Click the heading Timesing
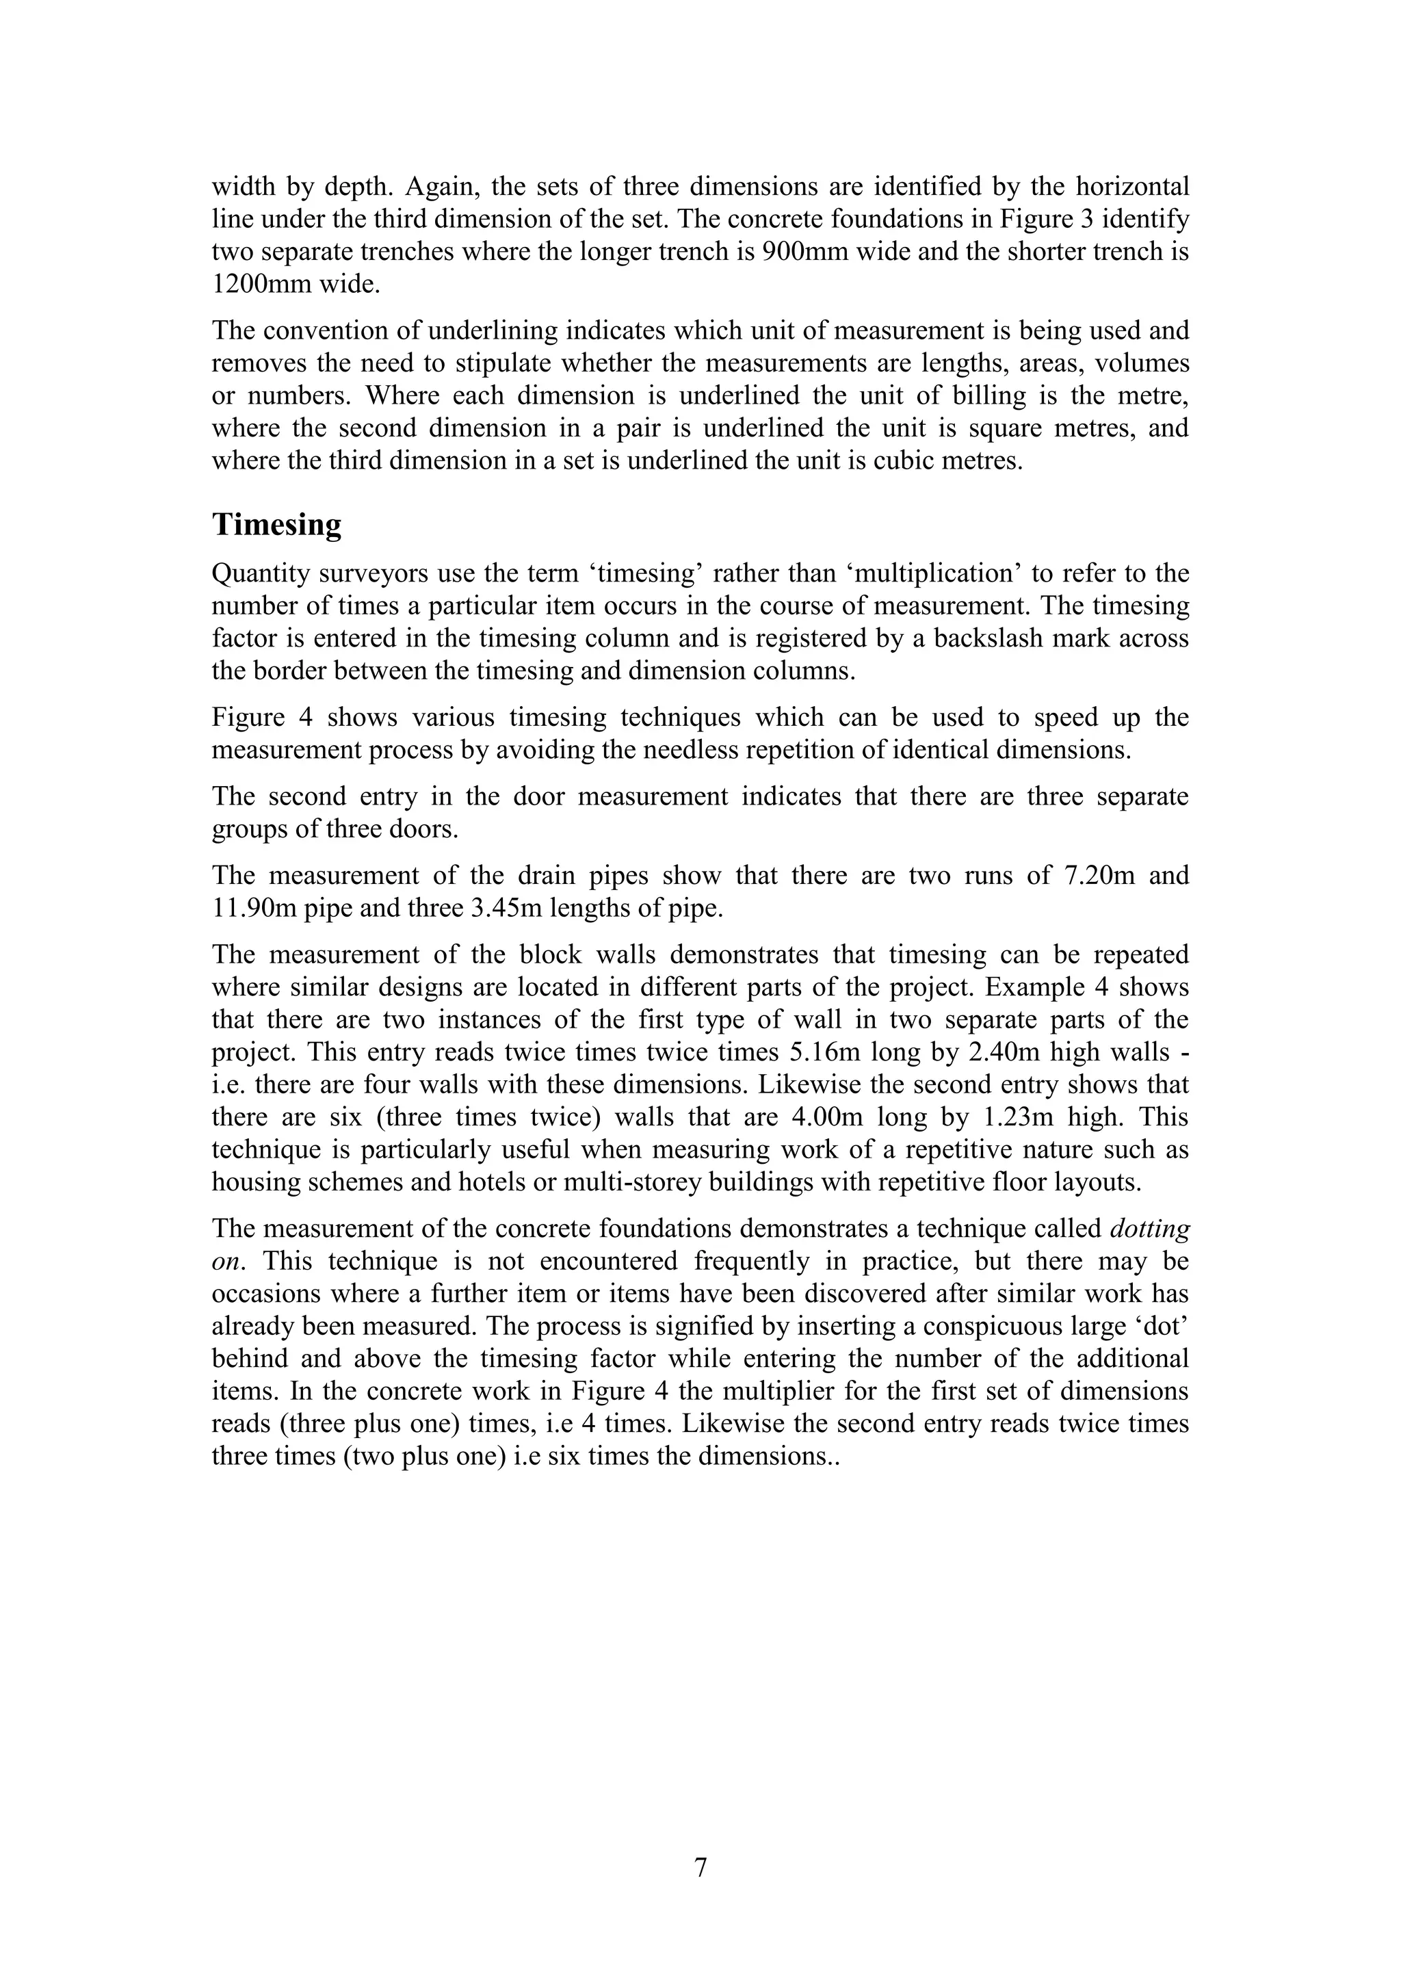tap(276, 525)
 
